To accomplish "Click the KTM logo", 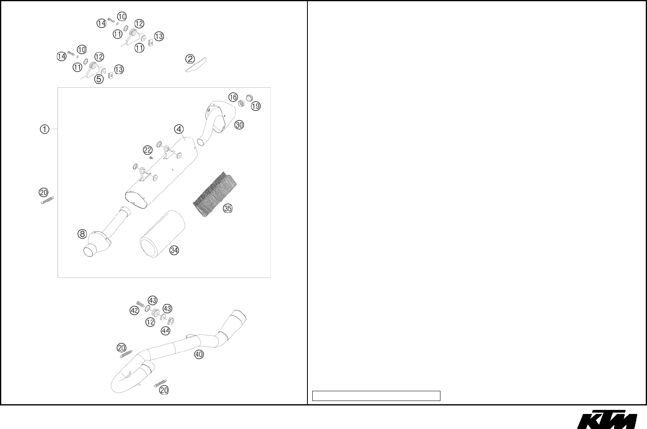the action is (607, 419).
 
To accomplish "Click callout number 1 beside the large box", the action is (44, 129).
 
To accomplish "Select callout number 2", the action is (190, 59).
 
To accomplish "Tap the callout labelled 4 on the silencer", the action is (179, 129).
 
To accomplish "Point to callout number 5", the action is (99, 79).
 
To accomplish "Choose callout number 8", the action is (82, 234).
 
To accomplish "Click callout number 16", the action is (233, 97).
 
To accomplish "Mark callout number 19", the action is (256, 106).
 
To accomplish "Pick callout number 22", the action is (148, 150).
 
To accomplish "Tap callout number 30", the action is (239, 125).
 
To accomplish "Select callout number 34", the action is (174, 250).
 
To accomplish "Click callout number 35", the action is (228, 208).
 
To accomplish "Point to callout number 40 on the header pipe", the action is (199, 354).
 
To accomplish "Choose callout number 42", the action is (134, 311).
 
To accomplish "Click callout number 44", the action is (166, 331).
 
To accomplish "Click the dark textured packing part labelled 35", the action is (215, 194).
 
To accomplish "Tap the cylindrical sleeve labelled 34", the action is (162, 234).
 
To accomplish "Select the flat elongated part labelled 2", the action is (196, 65).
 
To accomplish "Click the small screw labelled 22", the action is (151, 158).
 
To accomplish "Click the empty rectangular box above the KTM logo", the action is (376, 396).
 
